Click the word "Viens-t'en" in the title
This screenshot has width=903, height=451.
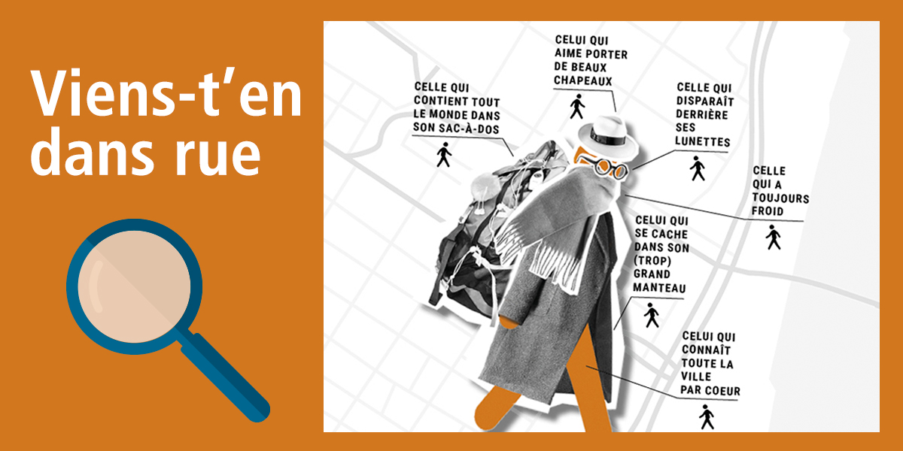[166, 94]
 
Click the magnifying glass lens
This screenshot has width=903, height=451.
[134, 286]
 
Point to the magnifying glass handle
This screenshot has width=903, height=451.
[226, 377]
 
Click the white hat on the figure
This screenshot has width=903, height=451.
[608, 137]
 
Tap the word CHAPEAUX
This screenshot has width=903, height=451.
[583, 80]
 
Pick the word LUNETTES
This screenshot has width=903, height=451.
[703, 141]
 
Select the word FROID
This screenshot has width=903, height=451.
[768, 211]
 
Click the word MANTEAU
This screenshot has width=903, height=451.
[659, 288]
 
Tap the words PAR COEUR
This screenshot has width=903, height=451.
[710, 390]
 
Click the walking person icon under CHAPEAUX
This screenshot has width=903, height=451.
[577, 107]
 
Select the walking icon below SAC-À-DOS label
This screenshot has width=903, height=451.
[444, 155]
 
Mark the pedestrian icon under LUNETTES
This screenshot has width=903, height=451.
[698, 168]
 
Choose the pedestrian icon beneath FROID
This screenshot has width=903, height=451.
[774, 238]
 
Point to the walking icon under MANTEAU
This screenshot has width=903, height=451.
[652, 315]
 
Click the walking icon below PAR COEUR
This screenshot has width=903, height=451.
[707, 417]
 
